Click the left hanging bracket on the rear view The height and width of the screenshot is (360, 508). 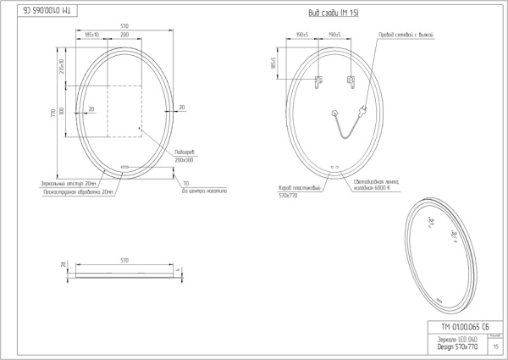tap(318, 81)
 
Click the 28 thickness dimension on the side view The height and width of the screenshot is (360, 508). tap(63, 265)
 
